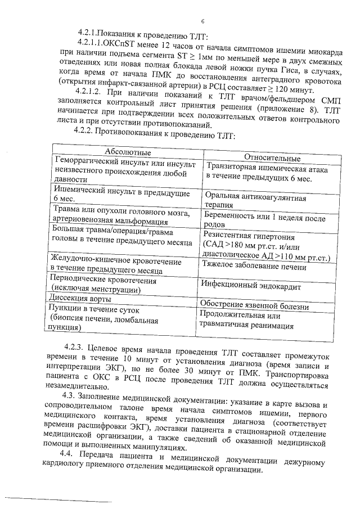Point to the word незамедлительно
[73, 387]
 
